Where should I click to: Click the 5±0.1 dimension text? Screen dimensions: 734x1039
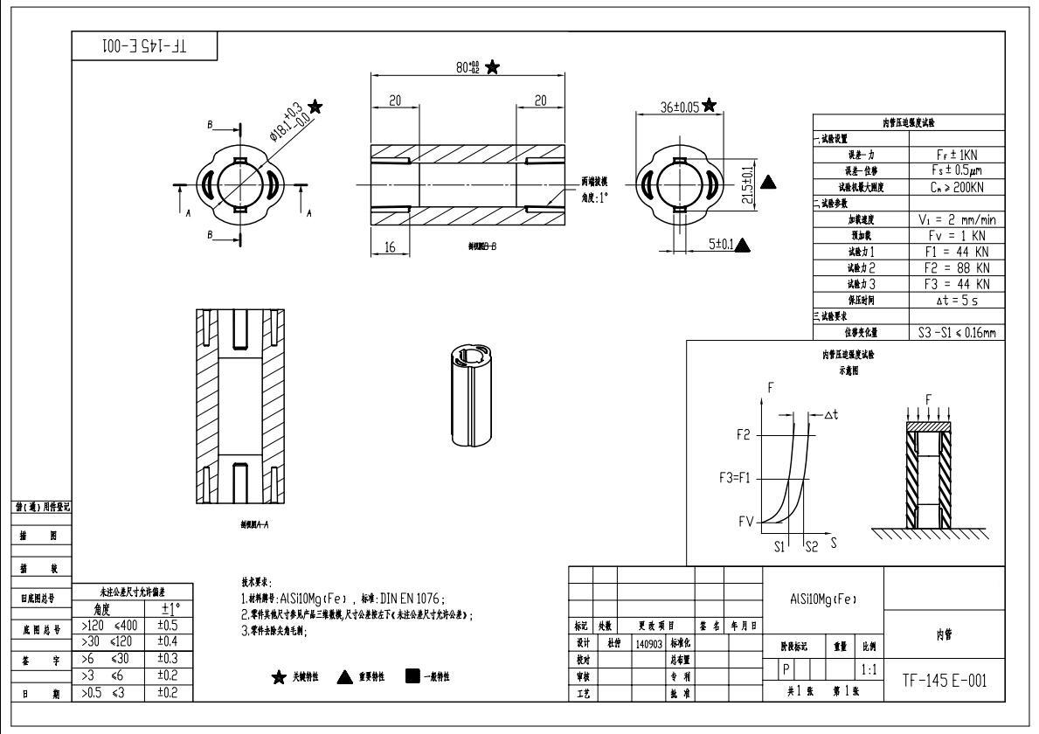tap(719, 245)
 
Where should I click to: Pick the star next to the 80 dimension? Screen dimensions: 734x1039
tap(494, 66)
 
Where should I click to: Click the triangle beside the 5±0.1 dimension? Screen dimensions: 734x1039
tap(743, 245)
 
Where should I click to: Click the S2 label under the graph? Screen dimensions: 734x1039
tap(812, 545)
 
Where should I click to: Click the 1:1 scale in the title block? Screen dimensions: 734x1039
tap(869, 670)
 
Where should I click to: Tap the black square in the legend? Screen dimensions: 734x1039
tap(413, 676)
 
